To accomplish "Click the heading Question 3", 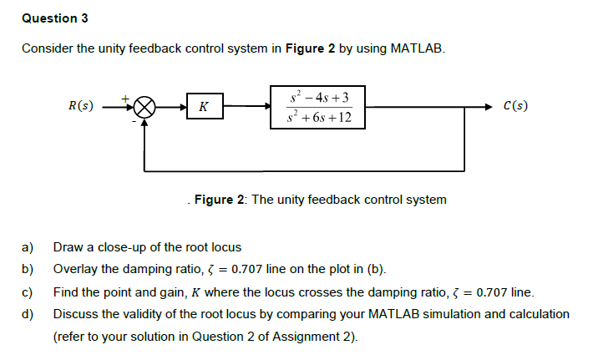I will coord(55,18).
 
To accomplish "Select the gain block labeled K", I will coord(205,107).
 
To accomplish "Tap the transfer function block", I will coord(317,107).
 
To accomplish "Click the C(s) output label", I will coord(515,106).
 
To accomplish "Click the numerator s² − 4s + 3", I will coord(317,97).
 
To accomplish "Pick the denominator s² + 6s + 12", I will coord(317,118).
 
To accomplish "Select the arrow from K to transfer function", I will coord(246,107).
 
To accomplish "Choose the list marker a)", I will coord(27,247).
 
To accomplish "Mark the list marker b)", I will coord(27,269).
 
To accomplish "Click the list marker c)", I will coord(27,292).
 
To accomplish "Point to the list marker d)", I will coord(27,314).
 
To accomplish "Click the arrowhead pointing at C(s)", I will coord(489,107).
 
